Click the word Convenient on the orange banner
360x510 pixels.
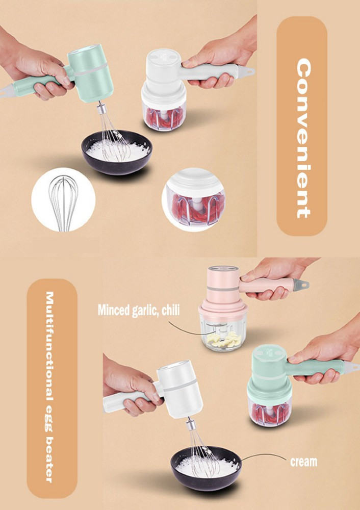[x=304, y=138]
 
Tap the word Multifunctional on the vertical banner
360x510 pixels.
[x=49, y=346]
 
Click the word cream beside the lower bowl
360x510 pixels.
[x=303, y=462]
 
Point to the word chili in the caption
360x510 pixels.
[x=170, y=310]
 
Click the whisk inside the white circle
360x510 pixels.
[x=63, y=202]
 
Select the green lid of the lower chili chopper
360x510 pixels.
[x=269, y=390]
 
